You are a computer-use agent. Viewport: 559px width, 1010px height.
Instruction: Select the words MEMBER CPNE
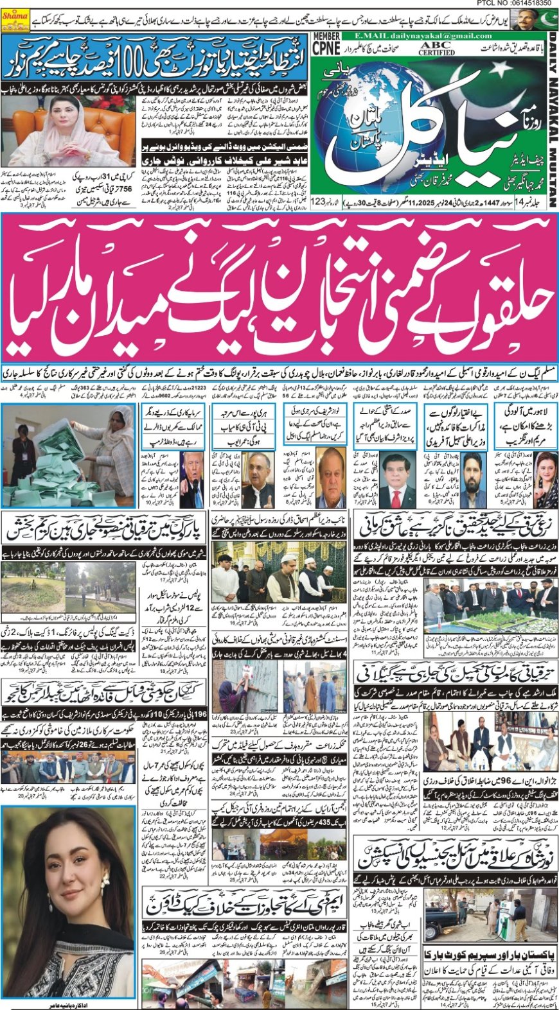326,45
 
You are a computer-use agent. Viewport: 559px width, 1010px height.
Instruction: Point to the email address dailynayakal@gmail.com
436,36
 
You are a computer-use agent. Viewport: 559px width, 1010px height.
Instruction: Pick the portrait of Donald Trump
193,473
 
